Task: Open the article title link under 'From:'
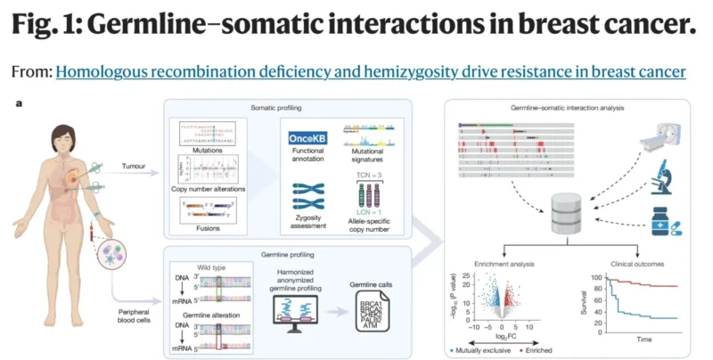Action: pyautogui.click(x=371, y=70)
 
